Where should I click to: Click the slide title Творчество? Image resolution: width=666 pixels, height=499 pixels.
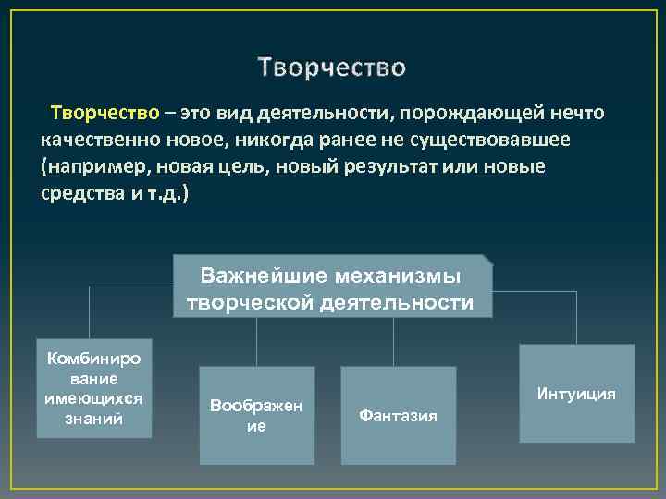332,68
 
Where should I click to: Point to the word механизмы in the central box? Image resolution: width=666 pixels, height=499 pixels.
404,274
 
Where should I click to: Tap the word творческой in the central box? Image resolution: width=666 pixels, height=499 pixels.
242,302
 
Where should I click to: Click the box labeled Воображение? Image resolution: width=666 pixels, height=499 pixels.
256,415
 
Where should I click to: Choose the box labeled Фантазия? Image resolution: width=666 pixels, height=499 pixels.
398,415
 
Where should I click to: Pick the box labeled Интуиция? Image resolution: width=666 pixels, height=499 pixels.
576,394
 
